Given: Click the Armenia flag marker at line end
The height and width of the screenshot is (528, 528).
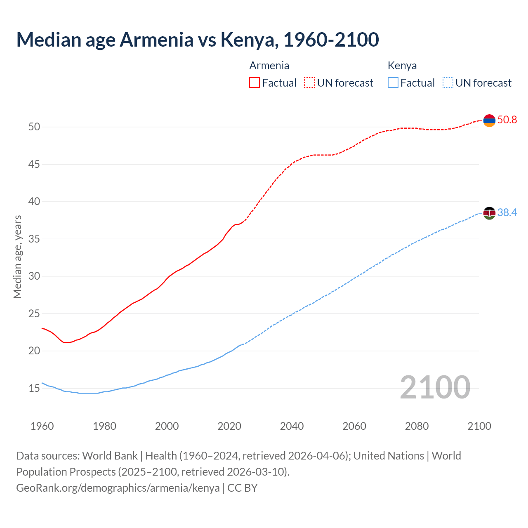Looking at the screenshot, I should (x=489, y=120).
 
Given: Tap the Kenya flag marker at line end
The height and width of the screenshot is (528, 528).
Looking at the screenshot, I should (x=489, y=213).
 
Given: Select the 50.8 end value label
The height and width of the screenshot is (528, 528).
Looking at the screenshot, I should (x=507, y=120).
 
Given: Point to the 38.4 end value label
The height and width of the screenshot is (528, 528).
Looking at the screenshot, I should (x=507, y=213).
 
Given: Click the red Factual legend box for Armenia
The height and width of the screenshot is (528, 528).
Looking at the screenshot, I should (x=255, y=82).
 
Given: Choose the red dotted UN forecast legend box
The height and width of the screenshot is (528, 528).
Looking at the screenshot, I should (x=309, y=82).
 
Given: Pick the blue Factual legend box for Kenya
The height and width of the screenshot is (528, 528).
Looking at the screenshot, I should (x=393, y=82).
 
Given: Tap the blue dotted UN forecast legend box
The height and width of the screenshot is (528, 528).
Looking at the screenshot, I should (x=448, y=82).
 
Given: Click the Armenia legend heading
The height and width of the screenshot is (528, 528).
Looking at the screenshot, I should (x=269, y=66).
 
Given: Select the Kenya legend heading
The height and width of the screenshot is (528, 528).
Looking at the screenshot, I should (x=402, y=66).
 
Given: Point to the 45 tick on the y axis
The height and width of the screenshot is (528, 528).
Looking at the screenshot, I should (x=34, y=164).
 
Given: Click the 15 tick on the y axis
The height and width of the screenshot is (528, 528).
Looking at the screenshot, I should (x=34, y=388).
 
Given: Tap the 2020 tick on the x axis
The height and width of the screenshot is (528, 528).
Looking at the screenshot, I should (x=229, y=426).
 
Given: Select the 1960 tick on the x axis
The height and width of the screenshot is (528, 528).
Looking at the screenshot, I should (x=42, y=426).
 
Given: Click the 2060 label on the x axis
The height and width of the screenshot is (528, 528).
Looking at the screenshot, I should (x=354, y=426).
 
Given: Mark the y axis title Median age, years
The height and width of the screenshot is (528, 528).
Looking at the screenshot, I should (x=17, y=257).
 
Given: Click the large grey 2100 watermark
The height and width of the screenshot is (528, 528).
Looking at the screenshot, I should (x=435, y=387).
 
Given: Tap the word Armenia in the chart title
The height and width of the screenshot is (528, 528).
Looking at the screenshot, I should (x=156, y=40).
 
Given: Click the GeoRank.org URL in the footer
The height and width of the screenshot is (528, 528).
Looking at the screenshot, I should (x=118, y=488).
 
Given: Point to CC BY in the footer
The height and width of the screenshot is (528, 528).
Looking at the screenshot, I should (x=243, y=488).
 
